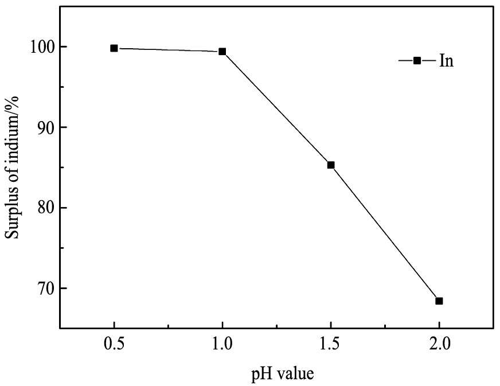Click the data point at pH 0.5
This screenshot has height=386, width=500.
114,48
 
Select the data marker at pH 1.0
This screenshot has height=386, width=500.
222,52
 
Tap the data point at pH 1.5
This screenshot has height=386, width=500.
331,165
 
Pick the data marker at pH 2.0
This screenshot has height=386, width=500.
439,301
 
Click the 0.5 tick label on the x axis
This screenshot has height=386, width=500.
114,345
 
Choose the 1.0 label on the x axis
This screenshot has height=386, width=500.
222,345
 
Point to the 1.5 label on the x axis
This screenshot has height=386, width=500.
331,345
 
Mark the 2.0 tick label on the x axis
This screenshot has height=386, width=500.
439,345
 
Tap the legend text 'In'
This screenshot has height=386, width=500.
447,61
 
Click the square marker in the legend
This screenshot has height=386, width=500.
417,61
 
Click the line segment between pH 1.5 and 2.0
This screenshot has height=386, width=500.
385,233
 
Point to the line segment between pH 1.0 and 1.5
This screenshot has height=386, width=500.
276,108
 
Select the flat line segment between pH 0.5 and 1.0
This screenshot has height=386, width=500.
168,50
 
